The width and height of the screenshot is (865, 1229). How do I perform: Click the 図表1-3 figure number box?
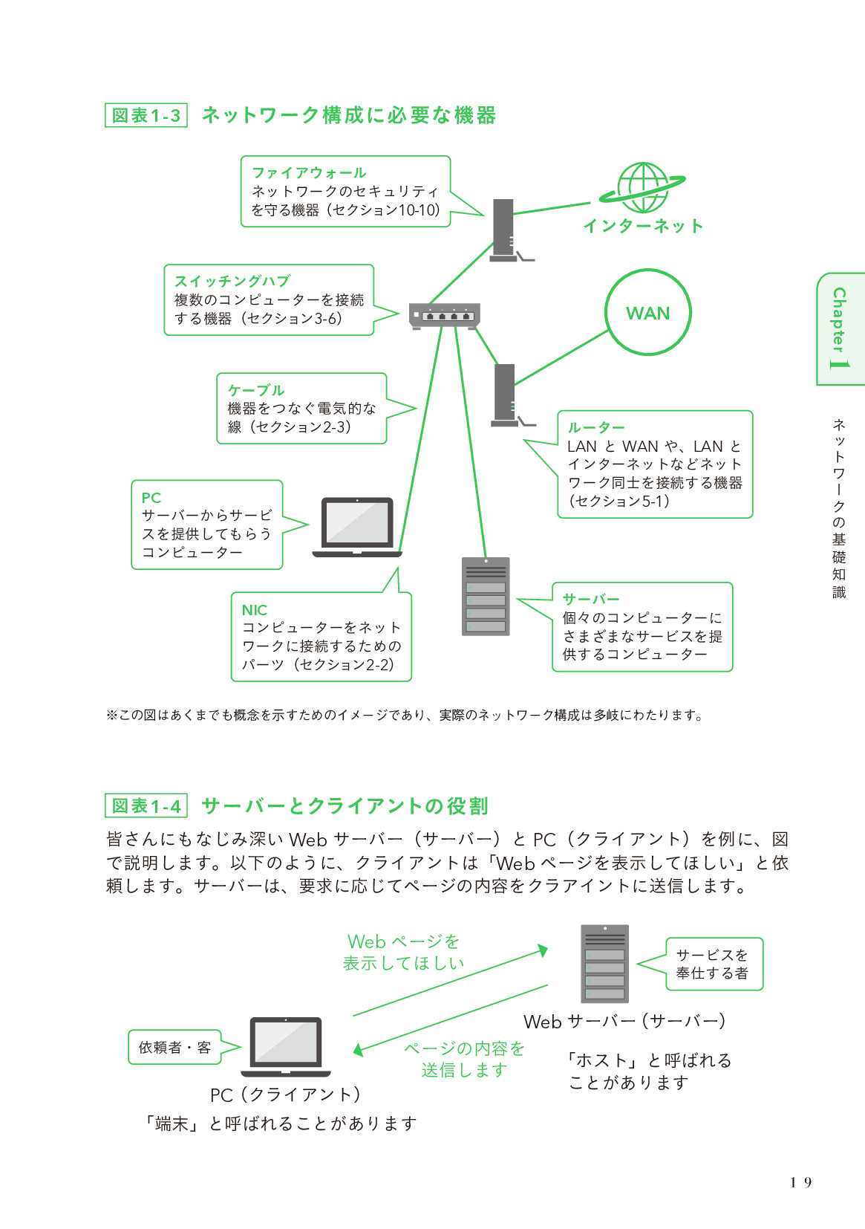point(146,116)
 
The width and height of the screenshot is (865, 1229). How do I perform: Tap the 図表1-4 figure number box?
point(146,806)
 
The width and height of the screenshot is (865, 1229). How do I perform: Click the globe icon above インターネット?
point(643,188)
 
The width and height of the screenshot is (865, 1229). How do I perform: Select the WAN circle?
point(648,313)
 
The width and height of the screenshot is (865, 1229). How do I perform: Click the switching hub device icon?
point(445,317)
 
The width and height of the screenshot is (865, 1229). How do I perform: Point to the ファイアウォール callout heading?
point(309,173)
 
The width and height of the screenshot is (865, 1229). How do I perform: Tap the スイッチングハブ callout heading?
point(232,282)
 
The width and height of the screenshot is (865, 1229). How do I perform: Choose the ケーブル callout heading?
point(256,390)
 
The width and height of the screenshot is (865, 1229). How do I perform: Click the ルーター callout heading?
point(596,428)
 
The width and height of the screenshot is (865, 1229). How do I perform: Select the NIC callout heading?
point(254,610)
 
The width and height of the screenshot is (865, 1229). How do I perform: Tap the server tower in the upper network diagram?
point(486,597)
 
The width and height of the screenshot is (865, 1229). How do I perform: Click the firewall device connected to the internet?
point(504,230)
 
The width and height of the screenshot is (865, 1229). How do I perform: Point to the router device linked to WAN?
point(505,395)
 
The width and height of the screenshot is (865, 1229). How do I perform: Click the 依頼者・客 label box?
point(175,1047)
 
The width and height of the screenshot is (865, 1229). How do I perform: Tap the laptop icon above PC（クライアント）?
point(286,1046)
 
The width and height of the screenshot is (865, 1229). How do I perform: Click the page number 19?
point(801,1182)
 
